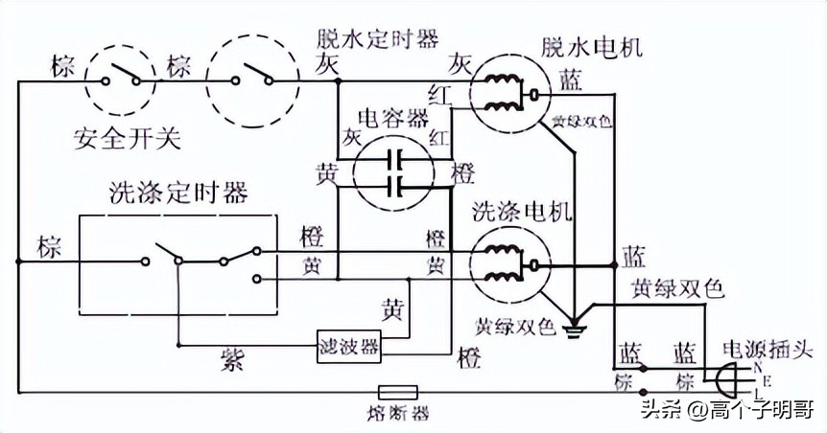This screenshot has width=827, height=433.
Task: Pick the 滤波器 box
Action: (x=348, y=342)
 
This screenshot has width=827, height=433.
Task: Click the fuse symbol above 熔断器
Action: (x=396, y=392)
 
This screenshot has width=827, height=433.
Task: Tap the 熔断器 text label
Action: (x=396, y=414)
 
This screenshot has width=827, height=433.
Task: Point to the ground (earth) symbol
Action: (x=575, y=331)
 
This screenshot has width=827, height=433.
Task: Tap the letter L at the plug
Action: (x=758, y=394)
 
